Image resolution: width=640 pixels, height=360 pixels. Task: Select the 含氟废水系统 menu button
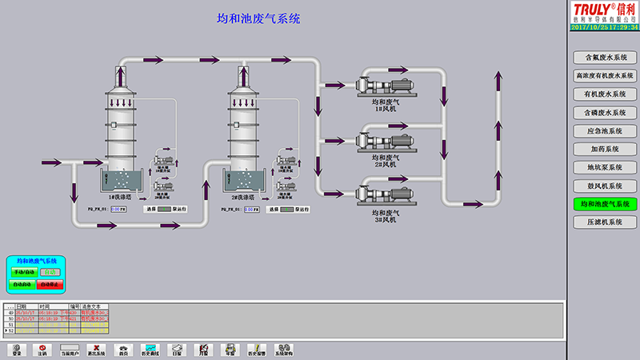[605, 58]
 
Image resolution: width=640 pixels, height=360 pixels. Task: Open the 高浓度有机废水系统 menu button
[605, 76]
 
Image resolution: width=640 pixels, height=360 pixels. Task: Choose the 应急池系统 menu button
[605, 130]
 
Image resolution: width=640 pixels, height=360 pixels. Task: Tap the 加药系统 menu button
[605, 149]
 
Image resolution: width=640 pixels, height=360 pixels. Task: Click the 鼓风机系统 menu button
[605, 186]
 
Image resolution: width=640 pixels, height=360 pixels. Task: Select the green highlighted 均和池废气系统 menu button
[605, 204]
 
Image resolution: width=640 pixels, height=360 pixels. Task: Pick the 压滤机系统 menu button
[605, 222]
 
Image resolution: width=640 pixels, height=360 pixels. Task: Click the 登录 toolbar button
[17, 350]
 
